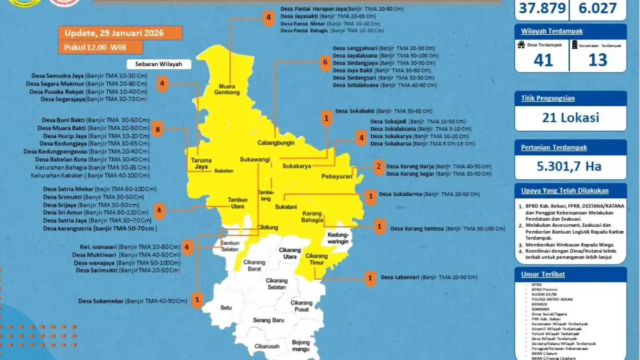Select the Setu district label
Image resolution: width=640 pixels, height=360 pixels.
tap(226, 308)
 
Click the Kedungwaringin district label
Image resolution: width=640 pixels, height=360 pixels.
tap(338, 238)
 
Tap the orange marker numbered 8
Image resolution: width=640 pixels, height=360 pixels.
tap(157, 129)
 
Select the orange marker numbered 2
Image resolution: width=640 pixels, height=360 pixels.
tap(378, 166)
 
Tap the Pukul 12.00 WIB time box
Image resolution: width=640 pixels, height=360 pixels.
tap(100, 47)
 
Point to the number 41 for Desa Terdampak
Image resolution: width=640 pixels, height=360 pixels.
tap(543, 60)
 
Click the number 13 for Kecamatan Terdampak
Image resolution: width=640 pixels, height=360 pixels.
tap(598, 60)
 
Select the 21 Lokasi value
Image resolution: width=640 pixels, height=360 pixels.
tap(570, 118)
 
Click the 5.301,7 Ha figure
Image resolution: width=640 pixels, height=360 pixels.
tap(570, 166)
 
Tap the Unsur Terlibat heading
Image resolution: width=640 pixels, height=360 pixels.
tap(543, 274)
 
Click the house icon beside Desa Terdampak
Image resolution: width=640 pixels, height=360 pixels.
tap(522, 45)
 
